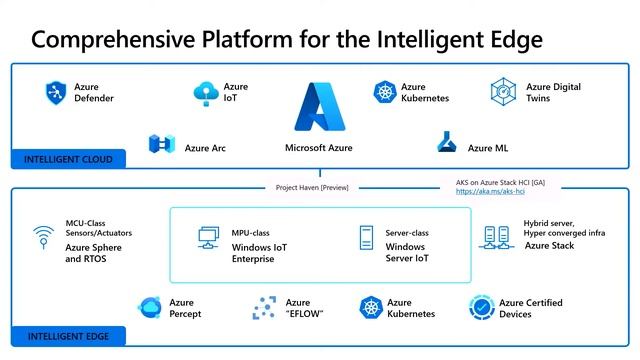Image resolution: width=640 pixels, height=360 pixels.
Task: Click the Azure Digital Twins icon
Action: coord(503,92)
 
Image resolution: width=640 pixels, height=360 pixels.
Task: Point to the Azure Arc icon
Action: coord(162,144)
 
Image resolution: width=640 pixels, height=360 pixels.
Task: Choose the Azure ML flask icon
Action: coord(447,143)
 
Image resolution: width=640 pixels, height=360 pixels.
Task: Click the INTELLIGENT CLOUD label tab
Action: coord(68,159)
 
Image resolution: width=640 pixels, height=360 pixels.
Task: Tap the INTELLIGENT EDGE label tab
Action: coord(67,336)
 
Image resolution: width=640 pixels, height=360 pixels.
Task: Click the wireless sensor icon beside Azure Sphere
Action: coord(43,238)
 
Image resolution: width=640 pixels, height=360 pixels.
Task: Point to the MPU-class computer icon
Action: coord(209,237)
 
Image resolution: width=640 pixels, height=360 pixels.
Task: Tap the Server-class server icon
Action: coord(365,238)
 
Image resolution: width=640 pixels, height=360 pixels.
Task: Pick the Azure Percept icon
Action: coord(150,308)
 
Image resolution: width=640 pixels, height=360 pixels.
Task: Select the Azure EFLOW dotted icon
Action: coord(265,308)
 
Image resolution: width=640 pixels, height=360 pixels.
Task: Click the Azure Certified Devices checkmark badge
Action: coord(482,308)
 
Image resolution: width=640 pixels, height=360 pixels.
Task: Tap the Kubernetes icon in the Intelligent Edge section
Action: coord(372,308)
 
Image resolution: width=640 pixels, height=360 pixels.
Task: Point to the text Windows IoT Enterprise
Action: coord(261,253)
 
